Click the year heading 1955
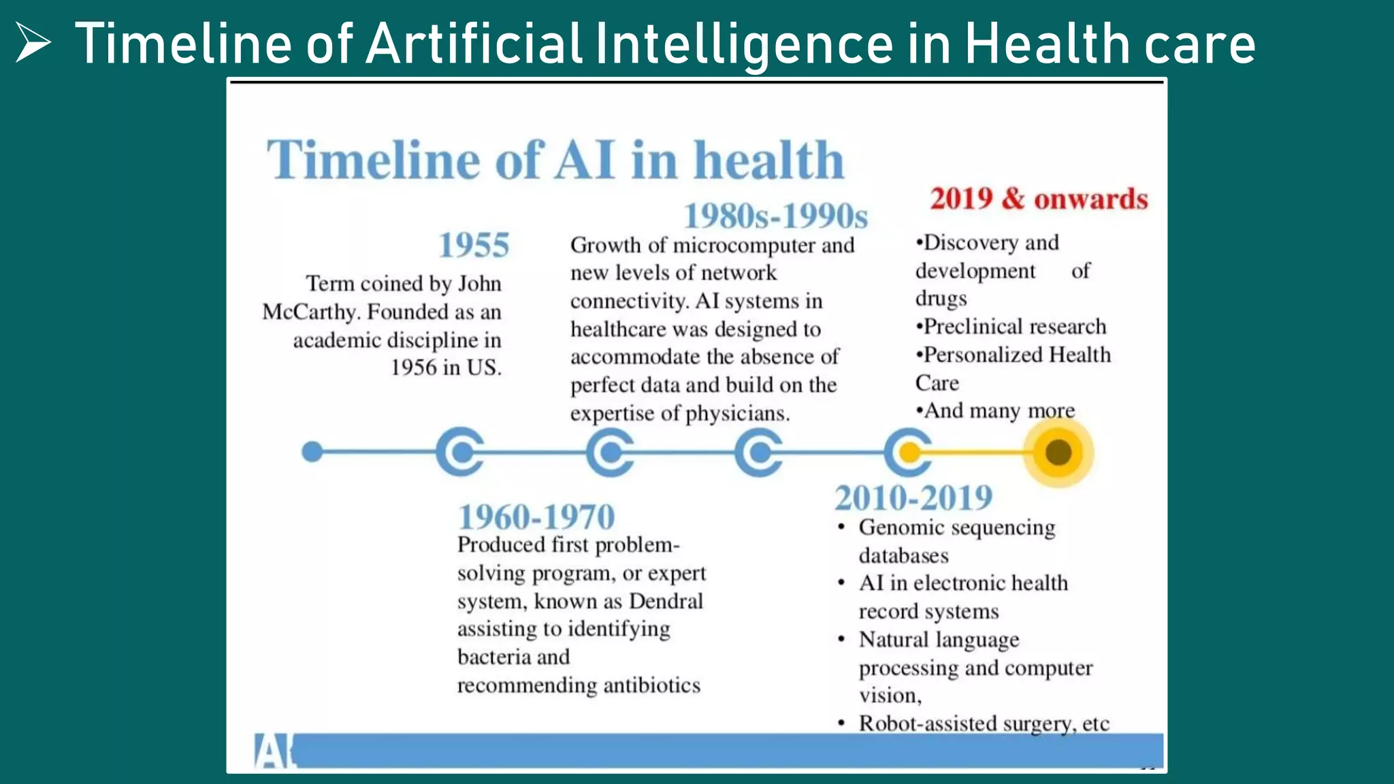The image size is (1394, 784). [x=474, y=245]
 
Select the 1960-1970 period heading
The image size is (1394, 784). [x=536, y=517]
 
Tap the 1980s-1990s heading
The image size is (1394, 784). [x=775, y=216]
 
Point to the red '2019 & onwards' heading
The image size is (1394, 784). [x=1039, y=199]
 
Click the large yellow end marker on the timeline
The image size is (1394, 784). [x=1058, y=452]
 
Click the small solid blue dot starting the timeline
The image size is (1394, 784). [x=312, y=451]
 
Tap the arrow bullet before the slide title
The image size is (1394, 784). [x=33, y=42]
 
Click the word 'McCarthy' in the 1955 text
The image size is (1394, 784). [x=310, y=312]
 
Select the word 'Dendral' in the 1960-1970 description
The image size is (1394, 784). [x=666, y=601]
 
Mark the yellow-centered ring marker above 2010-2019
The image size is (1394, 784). [x=909, y=452]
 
